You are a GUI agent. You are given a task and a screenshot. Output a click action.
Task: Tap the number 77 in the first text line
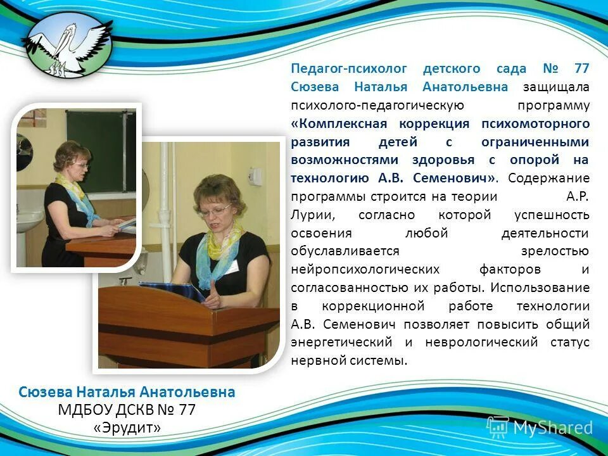581,68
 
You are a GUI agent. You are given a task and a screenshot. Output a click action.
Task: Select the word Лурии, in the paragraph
310,215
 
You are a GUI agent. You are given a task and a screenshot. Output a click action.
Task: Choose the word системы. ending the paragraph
381,360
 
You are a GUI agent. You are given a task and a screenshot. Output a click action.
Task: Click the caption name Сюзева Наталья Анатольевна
127,392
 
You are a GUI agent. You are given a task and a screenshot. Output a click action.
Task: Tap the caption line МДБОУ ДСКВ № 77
127,410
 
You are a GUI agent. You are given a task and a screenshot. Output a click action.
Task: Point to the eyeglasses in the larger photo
215,208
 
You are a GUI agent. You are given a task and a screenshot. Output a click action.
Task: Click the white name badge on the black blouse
232,267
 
